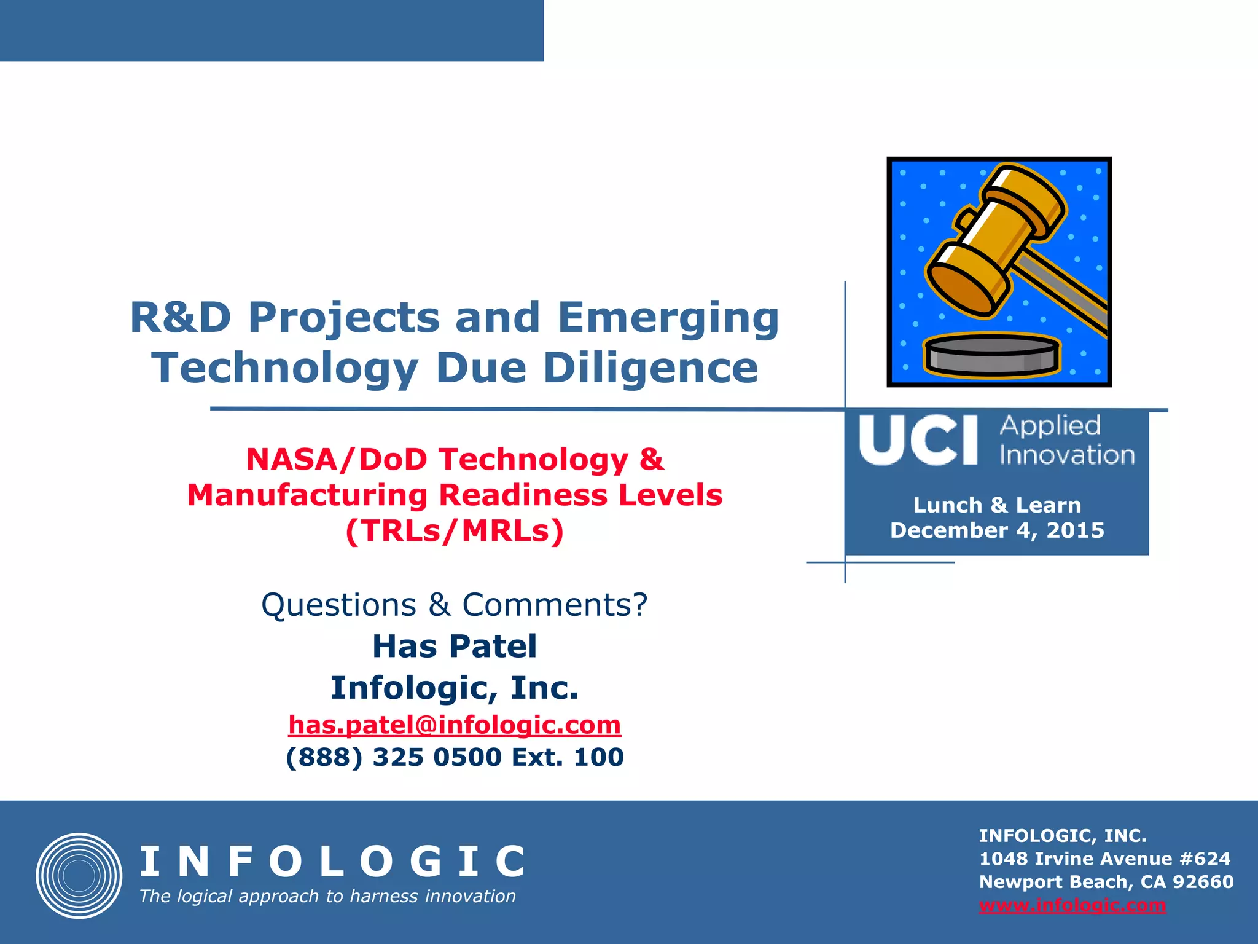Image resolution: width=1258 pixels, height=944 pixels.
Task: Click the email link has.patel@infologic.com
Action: coord(455,725)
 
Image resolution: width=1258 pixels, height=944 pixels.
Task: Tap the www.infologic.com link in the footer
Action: coord(1072,905)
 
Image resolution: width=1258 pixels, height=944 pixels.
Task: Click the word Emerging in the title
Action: coord(668,318)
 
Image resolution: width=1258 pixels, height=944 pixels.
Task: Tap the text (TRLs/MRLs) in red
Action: coord(455,531)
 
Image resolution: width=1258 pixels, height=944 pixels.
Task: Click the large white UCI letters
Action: coord(918,441)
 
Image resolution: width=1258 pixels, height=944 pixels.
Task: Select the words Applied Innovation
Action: coord(1066,441)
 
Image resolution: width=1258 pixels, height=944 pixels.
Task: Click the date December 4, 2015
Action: coord(997,530)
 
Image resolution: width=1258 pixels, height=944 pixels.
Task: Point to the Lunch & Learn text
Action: coord(997,505)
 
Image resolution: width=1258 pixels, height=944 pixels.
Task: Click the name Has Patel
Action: coord(455,647)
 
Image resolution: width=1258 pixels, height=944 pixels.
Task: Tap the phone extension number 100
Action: coord(598,757)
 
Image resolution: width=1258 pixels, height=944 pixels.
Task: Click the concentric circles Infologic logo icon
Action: coord(79,876)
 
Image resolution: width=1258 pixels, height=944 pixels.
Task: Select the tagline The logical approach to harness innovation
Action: coord(327,897)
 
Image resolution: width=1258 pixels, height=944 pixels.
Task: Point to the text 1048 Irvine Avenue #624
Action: coord(1104,859)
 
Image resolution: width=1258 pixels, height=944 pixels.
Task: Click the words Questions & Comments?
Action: coord(455,605)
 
